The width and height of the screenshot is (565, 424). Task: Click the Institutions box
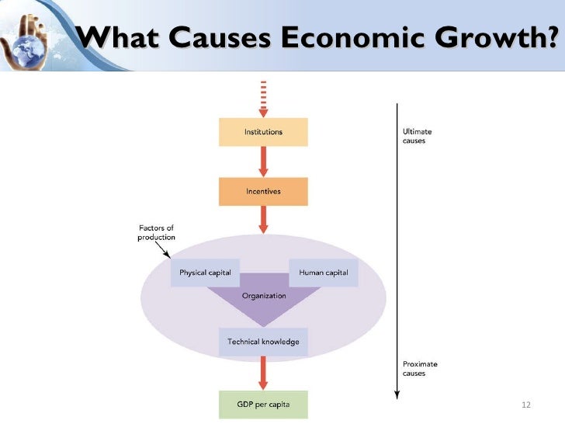[263, 132]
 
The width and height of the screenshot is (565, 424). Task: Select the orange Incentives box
[263, 191]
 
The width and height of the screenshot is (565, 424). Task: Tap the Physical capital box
[205, 273]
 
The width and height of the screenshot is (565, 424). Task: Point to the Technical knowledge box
[263, 342]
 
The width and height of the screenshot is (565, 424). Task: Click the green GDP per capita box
[263, 405]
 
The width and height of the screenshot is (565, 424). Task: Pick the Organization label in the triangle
[264, 296]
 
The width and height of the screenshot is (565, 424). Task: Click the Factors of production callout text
[156, 232]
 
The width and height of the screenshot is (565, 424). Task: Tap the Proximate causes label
[419, 368]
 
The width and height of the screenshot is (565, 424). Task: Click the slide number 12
[526, 405]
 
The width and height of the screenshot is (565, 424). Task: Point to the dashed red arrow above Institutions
[264, 98]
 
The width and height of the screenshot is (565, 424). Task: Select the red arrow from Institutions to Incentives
[264, 162]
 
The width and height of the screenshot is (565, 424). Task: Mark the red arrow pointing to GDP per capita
[264, 374]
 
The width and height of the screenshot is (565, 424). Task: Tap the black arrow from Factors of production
[165, 250]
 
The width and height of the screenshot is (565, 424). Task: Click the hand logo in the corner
[31, 35]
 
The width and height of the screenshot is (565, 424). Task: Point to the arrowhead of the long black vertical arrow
[397, 394]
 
